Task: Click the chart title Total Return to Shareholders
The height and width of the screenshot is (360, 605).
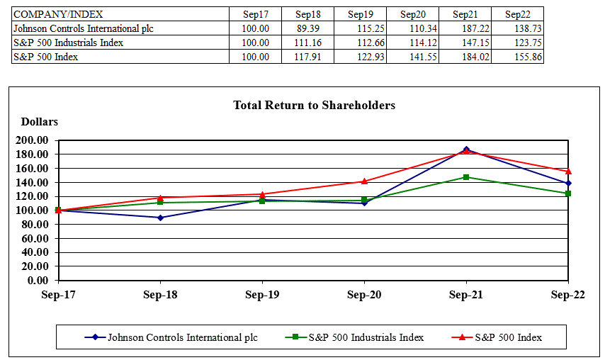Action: [x=314, y=106]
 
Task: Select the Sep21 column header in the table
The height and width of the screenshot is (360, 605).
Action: [x=465, y=14]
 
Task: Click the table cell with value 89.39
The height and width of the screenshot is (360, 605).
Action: [x=308, y=28]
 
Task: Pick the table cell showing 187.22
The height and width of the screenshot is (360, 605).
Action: [x=465, y=28]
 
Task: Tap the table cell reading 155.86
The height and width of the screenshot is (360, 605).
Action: [x=517, y=57]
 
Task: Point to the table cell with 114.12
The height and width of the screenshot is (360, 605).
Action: [x=412, y=43]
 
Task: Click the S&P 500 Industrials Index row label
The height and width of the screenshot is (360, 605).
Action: [x=68, y=43]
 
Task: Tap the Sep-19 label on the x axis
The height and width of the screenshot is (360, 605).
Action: [x=263, y=295]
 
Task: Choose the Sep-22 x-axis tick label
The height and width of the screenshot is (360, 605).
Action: [x=569, y=295]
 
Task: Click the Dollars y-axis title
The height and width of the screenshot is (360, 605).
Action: [x=40, y=122]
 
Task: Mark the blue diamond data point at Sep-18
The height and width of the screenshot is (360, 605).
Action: [x=161, y=218]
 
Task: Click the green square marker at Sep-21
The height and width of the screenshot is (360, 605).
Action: [x=466, y=177]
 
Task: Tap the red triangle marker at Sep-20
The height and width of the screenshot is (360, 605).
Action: [x=364, y=181]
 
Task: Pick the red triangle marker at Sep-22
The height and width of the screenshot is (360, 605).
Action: [x=568, y=171]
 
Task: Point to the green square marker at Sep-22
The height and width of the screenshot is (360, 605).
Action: [x=568, y=193]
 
